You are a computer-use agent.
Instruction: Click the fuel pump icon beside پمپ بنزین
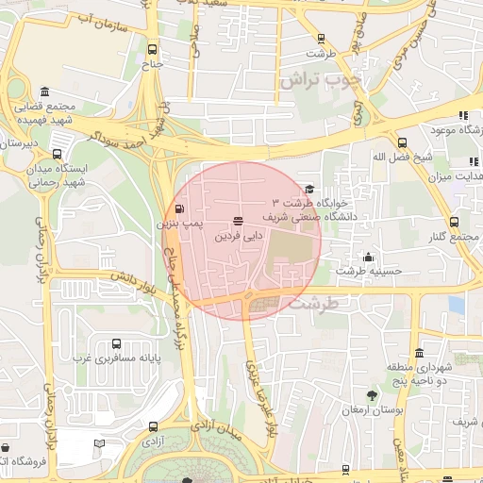point(180,209)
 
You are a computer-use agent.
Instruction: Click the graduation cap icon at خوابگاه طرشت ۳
point(308,190)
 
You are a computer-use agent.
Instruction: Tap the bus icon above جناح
point(153,51)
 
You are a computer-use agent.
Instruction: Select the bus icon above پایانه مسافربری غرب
point(116,345)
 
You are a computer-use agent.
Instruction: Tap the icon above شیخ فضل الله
point(403,142)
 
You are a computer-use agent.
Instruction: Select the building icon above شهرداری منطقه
point(391,352)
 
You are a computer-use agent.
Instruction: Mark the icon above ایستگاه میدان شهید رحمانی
point(58,154)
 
